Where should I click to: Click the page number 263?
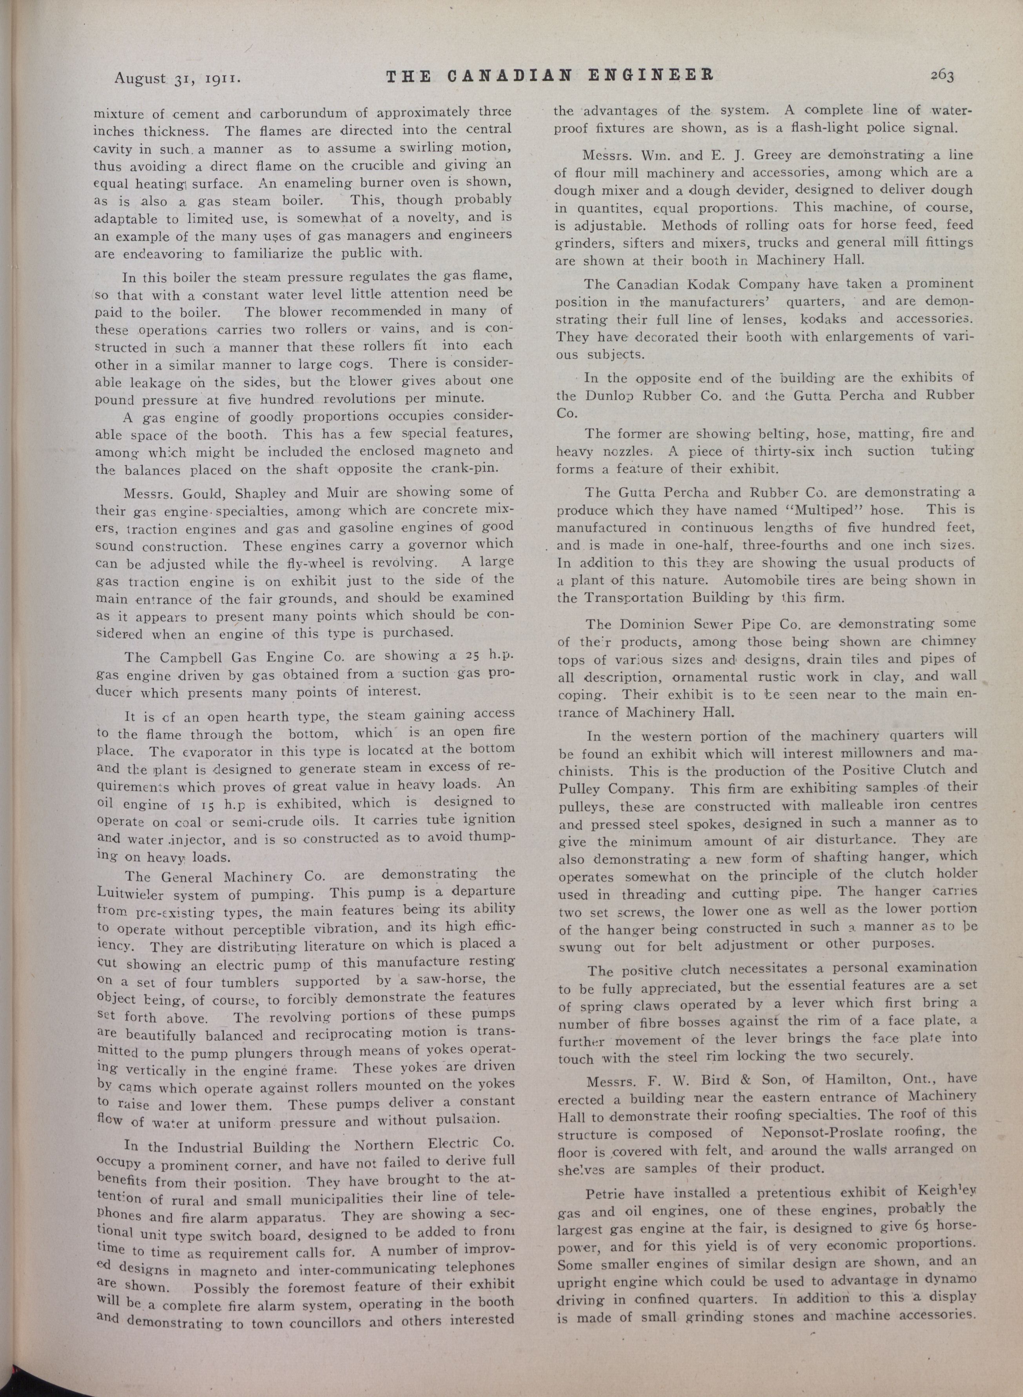941,76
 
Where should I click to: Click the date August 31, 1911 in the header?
178,79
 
